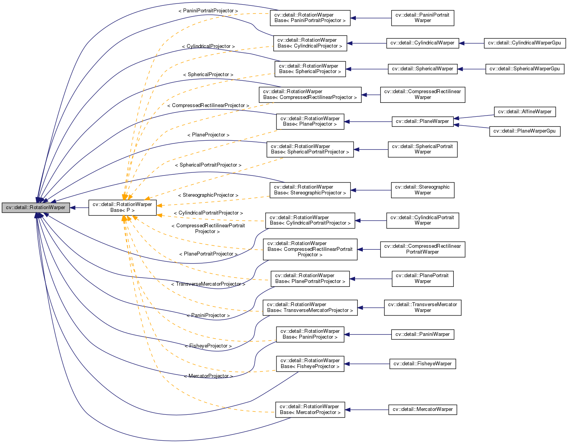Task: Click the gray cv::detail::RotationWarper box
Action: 36,208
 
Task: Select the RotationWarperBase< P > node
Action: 122,208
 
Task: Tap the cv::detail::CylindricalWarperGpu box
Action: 524,43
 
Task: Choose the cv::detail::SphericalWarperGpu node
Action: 524,69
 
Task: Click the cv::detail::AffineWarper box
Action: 525,112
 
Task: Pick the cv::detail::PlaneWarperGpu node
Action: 525,131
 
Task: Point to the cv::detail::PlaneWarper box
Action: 422,121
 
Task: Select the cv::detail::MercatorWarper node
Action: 422,409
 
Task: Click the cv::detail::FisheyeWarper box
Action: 422,364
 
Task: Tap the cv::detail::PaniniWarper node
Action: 422,334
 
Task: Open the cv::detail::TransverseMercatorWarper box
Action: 422,307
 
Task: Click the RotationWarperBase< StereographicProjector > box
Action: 310,190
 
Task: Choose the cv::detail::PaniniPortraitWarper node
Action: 422,18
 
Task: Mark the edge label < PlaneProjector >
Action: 208,135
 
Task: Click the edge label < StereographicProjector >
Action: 208,195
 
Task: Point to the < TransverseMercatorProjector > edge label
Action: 208,284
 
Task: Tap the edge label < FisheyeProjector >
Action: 208,346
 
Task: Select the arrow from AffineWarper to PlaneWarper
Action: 474,117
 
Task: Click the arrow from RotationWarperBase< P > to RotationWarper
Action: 79,208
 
